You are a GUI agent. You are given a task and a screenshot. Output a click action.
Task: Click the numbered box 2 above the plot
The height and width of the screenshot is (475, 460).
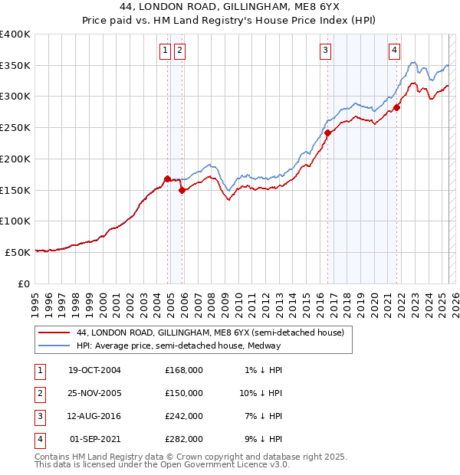pos(179,51)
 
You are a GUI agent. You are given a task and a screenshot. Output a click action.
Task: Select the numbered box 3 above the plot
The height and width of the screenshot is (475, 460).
pos(325,51)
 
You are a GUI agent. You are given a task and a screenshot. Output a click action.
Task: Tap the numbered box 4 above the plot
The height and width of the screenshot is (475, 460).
pos(394,51)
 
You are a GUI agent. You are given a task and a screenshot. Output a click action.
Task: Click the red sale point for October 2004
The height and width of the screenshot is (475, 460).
pos(167,179)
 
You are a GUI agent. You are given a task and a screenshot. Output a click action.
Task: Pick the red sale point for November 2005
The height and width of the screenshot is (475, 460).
pos(182,190)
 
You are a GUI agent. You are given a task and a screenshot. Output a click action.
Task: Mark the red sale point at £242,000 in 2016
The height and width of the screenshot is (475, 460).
pos(327,133)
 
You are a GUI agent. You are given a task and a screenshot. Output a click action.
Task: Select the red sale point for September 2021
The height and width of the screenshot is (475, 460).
pos(397,108)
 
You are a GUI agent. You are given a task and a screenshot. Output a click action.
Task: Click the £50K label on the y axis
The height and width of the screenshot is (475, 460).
pos(18,251)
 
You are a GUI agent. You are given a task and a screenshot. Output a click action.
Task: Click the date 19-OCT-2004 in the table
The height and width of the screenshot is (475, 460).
pos(94,370)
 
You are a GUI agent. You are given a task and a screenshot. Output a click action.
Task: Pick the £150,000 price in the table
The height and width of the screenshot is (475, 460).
pos(183,393)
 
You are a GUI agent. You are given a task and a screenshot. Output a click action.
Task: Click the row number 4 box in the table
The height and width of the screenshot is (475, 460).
pos(38,440)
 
